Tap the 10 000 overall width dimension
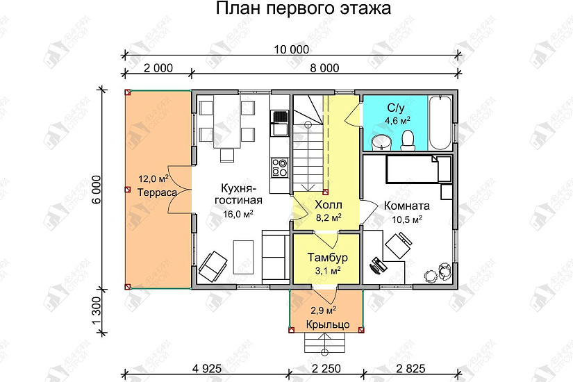pyautogui.click(x=290, y=49)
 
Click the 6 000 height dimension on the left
pyautogui.click(x=97, y=188)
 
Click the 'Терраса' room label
pyautogui.click(x=156, y=192)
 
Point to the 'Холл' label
pyautogui.click(x=327, y=206)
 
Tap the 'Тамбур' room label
pyautogui.click(x=326, y=258)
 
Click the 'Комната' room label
pyautogui.click(x=407, y=206)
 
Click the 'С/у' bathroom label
pyautogui.click(x=395, y=108)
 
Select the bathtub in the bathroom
pyautogui.click(x=442, y=123)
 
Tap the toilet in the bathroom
pyautogui.click(x=408, y=140)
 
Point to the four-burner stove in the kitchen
pyautogui.click(x=280, y=167)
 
